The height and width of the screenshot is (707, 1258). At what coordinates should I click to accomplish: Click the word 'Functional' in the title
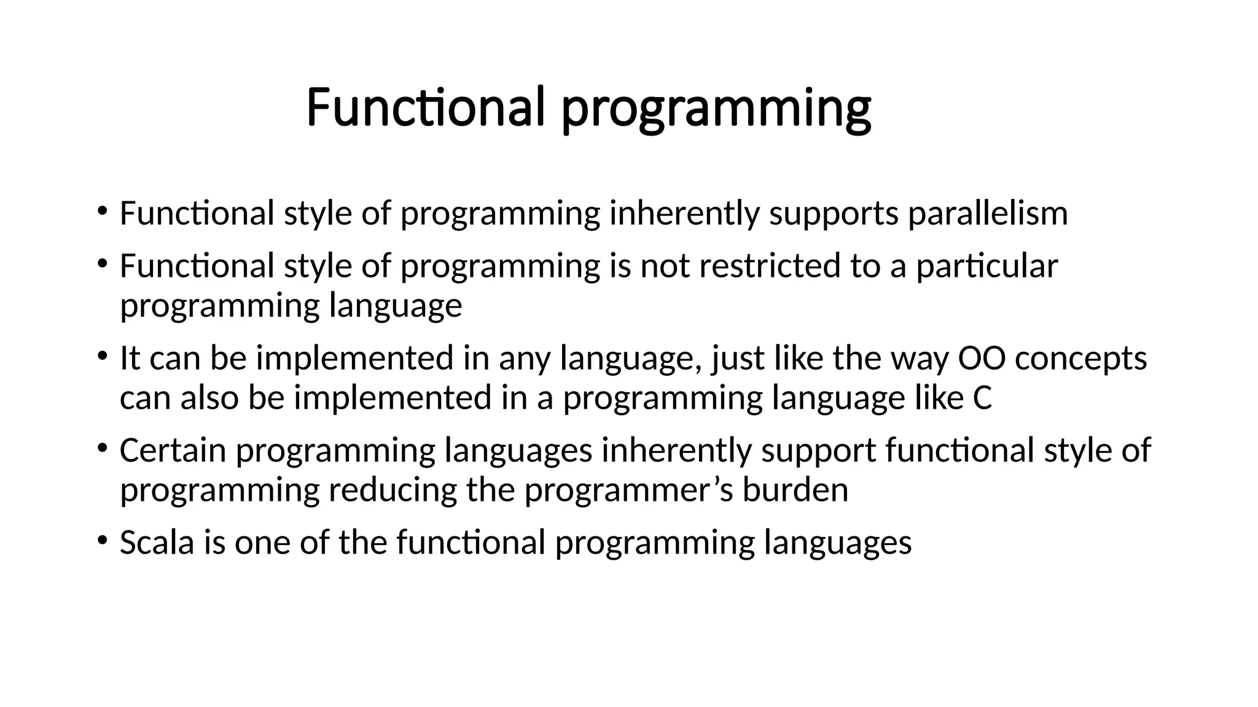(425, 107)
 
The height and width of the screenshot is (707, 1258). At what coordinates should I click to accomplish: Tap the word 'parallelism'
(988, 214)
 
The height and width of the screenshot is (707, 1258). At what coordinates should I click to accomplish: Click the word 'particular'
(986, 268)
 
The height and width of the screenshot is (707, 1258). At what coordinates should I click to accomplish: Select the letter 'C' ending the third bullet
(982, 398)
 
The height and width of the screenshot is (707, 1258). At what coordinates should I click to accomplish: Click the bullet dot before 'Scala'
(102, 541)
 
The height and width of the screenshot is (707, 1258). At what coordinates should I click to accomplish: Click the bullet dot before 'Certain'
(102, 449)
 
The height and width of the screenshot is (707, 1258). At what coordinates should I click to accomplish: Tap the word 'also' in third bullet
(209, 398)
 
